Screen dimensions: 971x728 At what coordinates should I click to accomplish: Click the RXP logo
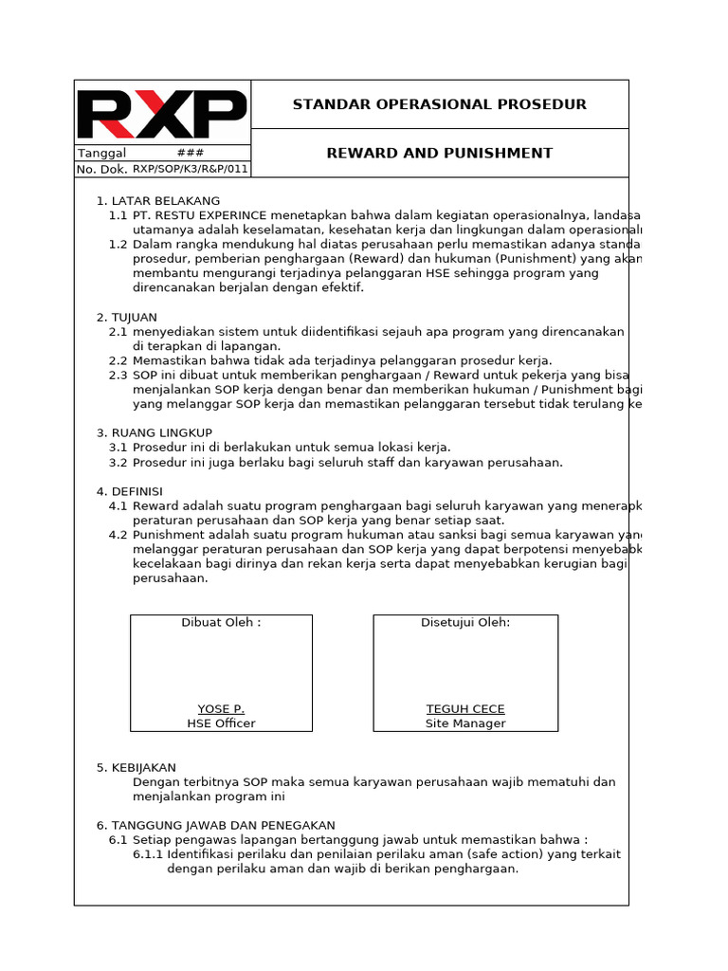(x=161, y=114)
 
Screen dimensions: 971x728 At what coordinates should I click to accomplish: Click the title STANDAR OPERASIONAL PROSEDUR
(x=439, y=104)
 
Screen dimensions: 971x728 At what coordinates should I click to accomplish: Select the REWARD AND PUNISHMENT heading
(x=439, y=153)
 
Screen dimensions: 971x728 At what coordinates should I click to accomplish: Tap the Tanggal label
(x=101, y=154)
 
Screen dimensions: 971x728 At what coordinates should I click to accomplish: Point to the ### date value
(x=190, y=154)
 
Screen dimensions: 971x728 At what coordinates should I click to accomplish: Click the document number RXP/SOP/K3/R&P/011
(x=190, y=170)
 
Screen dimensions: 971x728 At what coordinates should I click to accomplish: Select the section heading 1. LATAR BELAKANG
(x=158, y=201)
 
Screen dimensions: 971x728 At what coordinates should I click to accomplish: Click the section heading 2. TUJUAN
(x=127, y=317)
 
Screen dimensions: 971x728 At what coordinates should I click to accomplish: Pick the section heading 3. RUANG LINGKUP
(x=155, y=432)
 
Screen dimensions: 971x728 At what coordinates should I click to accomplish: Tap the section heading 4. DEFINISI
(x=130, y=491)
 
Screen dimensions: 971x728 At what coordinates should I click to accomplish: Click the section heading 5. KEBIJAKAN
(x=136, y=767)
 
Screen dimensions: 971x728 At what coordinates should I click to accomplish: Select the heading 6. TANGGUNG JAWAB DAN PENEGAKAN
(x=216, y=825)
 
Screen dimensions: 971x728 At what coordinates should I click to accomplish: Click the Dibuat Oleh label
(x=221, y=622)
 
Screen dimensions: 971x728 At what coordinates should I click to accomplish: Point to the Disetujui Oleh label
(x=465, y=622)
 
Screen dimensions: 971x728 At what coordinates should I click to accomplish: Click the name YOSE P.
(x=221, y=709)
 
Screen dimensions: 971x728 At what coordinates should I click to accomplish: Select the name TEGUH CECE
(x=465, y=709)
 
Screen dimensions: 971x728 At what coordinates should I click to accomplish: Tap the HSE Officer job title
(x=221, y=724)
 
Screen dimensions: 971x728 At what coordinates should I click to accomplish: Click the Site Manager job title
(x=465, y=724)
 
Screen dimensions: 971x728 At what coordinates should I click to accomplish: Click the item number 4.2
(x=118, y=535)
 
